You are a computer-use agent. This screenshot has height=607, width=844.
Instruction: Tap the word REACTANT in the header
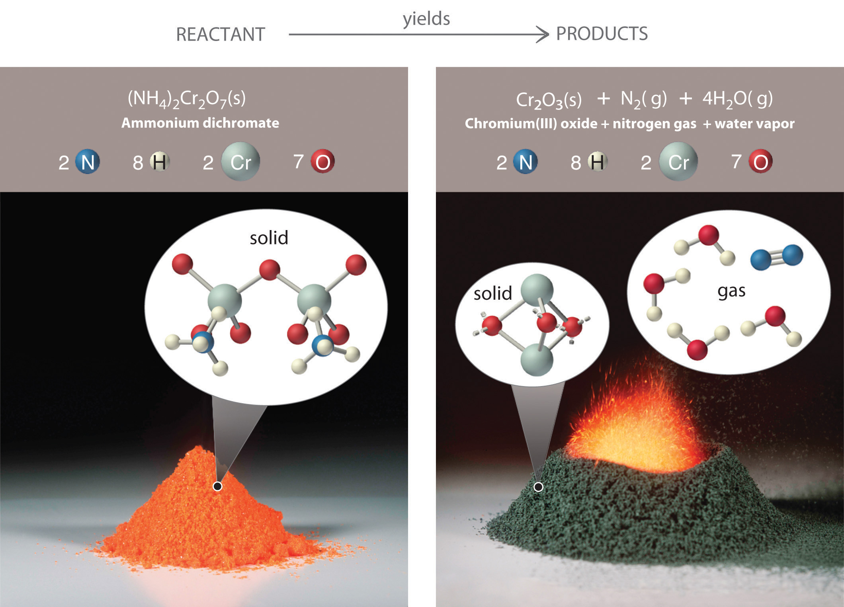pyautogui.click(x=221, y=34)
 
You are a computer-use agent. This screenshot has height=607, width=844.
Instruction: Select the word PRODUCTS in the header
pyautogui.click(x=602, y=33)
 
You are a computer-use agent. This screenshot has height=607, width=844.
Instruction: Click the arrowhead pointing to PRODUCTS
pyautogui.click(x=542, y=34)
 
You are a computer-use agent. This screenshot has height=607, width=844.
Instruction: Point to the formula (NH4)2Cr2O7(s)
pyautogui.click(x=187, y=99)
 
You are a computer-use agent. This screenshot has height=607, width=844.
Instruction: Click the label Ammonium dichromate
pyautogui.click(x=200, y=123)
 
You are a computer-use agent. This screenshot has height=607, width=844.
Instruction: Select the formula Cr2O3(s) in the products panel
pyautogui.click(x=549, y=100)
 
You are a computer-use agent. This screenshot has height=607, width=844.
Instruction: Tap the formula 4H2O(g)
pyautogui.click(x=738, y=99)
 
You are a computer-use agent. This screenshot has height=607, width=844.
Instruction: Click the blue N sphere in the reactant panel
pyautogui.click(x=88, y=162)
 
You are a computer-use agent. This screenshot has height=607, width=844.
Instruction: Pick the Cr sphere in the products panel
pyautogui.click(x=678, y=162)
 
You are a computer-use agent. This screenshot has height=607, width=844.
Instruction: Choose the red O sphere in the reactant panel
pyautogui.click(x=322, y=162)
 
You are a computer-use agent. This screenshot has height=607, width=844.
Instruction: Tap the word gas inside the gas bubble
pyautogui.click(x=731, y=291)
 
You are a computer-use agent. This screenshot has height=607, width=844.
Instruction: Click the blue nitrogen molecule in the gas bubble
pyautogui.click(x=777, y=258)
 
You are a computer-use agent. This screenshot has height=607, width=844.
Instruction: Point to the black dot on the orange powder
pyautogui.click(x=217, y=486)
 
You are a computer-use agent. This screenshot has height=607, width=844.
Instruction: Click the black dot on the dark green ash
pyautogui.click(x=538, y=487)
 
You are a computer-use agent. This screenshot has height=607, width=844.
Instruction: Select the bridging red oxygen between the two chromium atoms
pyautogui.click(x=270, y=270)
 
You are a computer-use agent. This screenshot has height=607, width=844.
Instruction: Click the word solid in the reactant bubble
pyautogui.click(x=269, y=238)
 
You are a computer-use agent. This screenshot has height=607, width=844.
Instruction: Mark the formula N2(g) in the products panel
pyautogui.click(x=644, y=99)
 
